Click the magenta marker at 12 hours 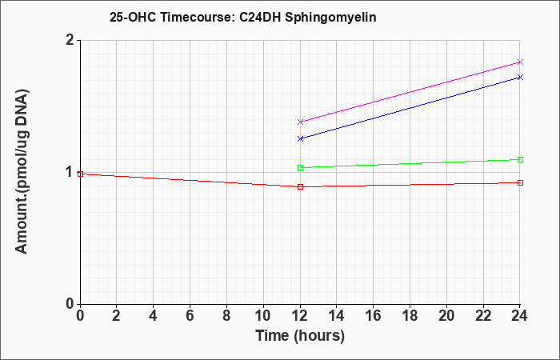tap(300, 122)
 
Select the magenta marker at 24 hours tap(520, 62)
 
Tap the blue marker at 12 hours tap(300, 138)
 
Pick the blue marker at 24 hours tap(520, 77)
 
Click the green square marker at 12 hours tap(300, 167)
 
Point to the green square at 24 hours tap(520, 160)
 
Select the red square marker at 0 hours tap(80, 174)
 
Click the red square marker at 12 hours tap(300, 186)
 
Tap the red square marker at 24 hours tap(520, 183)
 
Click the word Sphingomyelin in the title tap(330, 18)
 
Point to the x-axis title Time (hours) tap(300, 336)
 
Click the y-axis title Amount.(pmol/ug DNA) tap(22, 172)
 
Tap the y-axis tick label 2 tap(70, 40)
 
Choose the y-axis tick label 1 tap(70, 172)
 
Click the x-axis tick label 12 tap(300, 316)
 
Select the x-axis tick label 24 tap(519, 316)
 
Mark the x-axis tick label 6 tap(190, 316)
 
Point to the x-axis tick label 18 tap(410, 316)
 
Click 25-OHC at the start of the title tap(133, 18)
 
